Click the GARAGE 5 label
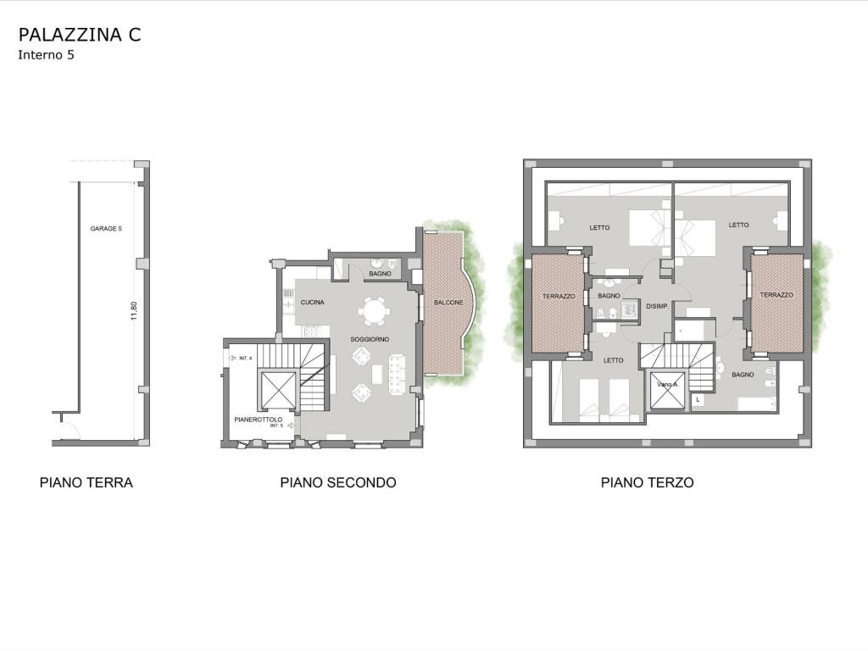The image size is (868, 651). click(106, 229)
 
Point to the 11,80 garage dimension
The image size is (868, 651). click(133, 310)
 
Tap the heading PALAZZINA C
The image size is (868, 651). click(80, 34)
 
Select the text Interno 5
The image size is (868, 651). click(46, 55)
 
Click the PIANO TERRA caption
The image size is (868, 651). click(86, 482)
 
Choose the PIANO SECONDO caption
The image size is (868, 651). click(338, 482)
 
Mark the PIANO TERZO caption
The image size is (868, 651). click(647, 482)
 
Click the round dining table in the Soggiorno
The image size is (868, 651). click(373, 311)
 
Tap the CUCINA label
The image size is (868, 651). click(312, 303)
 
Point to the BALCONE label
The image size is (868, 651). click(448, 303)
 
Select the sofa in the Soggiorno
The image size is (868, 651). click(397, 374)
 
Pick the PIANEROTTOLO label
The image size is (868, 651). click(258, 420)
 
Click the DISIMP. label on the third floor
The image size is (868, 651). click(658, 306)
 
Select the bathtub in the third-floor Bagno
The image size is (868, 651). click(757, 404)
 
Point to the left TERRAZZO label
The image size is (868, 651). click(559, 297)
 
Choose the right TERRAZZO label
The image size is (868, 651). click(776, 295)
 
